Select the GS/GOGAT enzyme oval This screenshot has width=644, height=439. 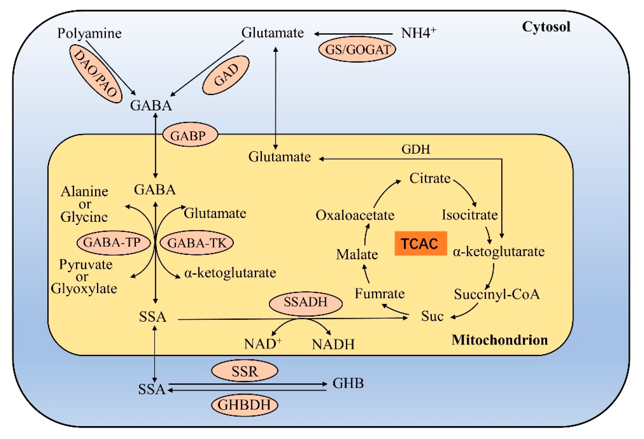click(x=357, y=50)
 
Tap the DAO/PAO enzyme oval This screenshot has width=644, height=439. click(x=95, y=74)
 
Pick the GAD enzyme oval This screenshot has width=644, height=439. click(x=226, y=75)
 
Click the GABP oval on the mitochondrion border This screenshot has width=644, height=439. click(x=190, y=135)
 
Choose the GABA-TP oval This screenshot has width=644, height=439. click(x=113, y=243)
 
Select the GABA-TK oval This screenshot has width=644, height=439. click(x=197, y=243)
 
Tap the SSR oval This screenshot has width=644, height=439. click(x=244, y=371)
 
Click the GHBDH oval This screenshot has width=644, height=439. click(x=244, y=405)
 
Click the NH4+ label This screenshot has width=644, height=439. click(x=418, y=33)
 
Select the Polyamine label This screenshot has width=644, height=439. click(x=89, y=34)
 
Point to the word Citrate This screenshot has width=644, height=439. click(x=430, y=178)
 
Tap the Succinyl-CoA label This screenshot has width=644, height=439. click(x=497, y=294)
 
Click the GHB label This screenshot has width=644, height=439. click(x=348, y=384)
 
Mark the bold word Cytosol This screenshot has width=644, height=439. click(x=546, y=27)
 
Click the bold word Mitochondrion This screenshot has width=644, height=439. click(x=500, y=340)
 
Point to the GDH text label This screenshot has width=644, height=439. click(x=415, y=150)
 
